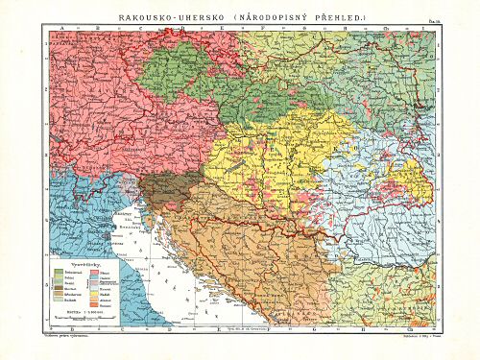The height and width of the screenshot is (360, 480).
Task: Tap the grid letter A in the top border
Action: (60, 30)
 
